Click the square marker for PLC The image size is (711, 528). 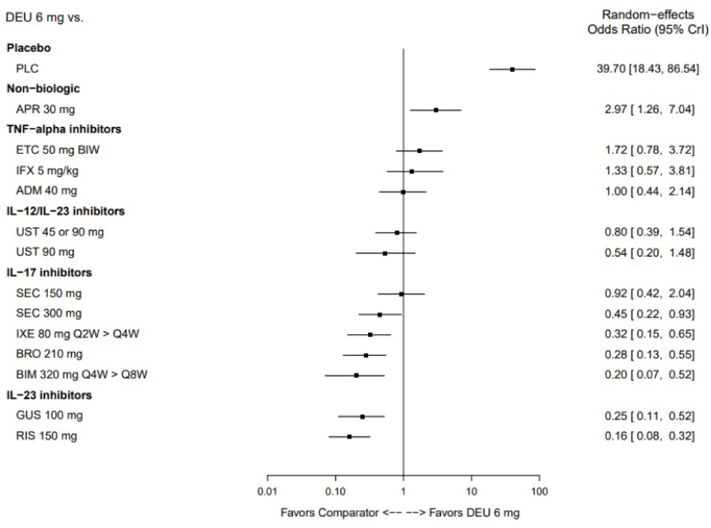coord(512,70)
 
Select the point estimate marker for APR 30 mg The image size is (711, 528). coord(436,110)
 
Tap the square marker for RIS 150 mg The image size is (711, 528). coord(349,437)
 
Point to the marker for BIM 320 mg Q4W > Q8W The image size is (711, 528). coord(356,375)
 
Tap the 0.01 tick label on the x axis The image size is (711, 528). coord(267,491)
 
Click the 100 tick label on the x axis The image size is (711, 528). coord(539,491)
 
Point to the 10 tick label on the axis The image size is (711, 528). coord(471,491)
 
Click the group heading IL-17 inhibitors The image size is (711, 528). coord(49,272)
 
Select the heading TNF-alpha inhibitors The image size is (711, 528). coord(64,129)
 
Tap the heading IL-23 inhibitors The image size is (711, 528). coord(49,395)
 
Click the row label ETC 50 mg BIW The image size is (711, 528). coord(58,150)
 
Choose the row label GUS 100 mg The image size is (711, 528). coord(49,415)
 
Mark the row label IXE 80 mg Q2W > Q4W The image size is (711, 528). coord(77,334)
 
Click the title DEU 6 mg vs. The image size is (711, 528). coord(44,17)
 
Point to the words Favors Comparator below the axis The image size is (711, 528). coord(329,513)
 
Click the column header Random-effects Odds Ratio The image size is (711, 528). coord(648,22)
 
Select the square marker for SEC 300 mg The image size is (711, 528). coord(380,315)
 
